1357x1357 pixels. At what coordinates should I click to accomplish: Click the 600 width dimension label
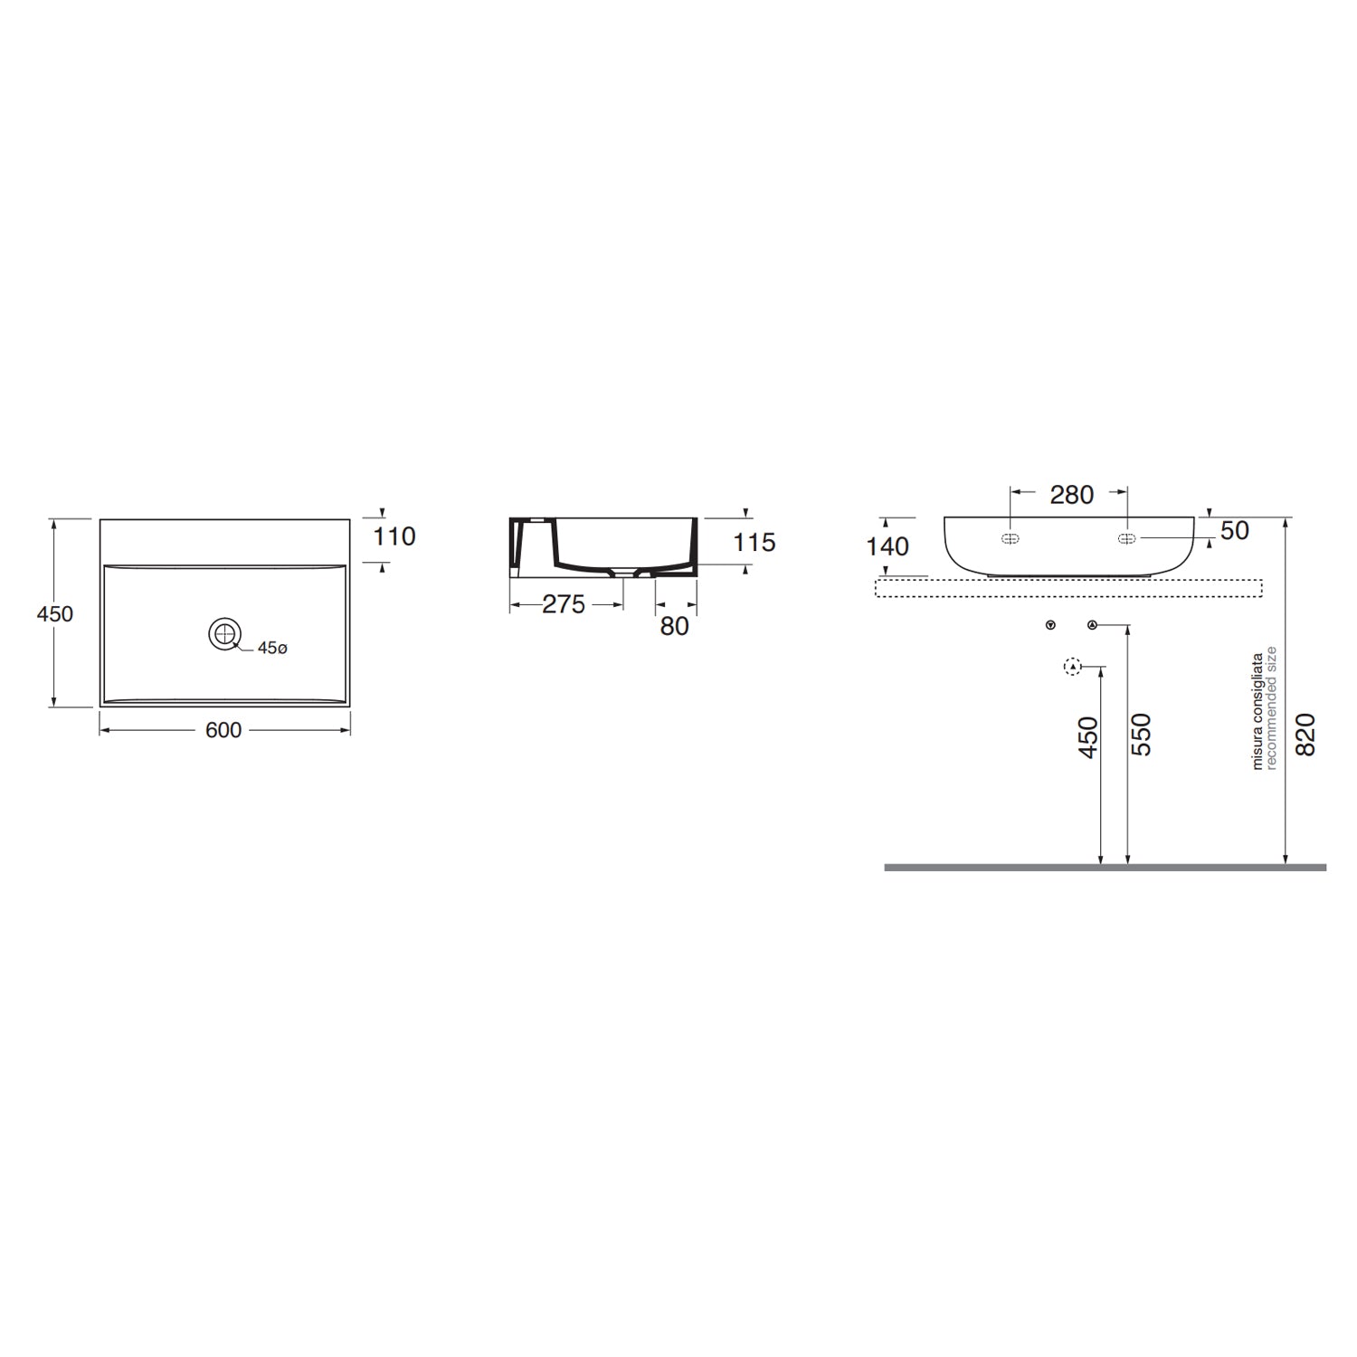pos(223,730)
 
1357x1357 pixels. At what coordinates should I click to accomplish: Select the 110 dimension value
pos(394,536)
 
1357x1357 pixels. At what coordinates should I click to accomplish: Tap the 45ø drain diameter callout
pos(272,649)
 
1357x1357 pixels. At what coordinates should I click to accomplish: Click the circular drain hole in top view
pos(223,633)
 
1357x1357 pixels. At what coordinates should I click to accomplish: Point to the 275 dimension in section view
pos(564,604)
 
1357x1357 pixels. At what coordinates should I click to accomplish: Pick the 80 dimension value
pos(675,626)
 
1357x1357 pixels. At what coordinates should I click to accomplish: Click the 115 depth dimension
pos(754,542)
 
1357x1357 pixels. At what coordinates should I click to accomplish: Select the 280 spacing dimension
pos(1071,495)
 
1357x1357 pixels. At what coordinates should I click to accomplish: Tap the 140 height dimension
pos(887,546)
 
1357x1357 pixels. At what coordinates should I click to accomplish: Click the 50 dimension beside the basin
pos(1235,531)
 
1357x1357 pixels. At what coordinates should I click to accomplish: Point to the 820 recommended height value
pos(1305,735)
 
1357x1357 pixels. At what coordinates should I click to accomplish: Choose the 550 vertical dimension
pos(1142,735)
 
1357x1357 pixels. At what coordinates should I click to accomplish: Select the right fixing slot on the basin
pos(1127,539)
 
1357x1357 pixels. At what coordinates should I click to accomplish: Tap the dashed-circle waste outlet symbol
pos(1072,668)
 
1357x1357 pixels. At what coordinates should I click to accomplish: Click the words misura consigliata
pos(1257,711)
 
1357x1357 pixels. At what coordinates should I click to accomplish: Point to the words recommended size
pos(1271,707)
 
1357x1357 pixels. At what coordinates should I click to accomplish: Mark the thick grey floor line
pos(1105,867)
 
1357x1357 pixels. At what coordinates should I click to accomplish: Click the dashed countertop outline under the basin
pos(1068,588)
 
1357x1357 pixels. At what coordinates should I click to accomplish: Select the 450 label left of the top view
pos(54,613)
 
